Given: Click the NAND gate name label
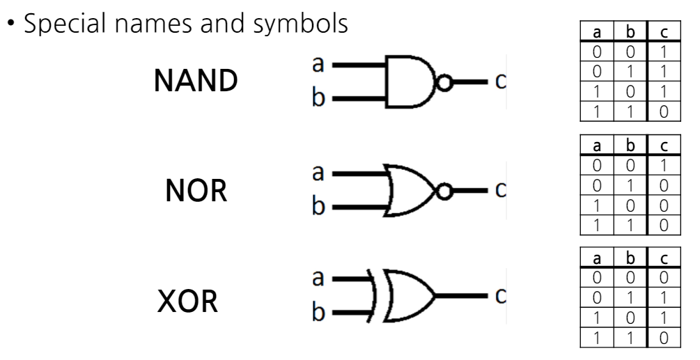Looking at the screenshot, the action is (x=195, y=82).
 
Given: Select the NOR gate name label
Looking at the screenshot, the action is (x=196, y=191).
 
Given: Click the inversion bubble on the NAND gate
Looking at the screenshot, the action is (x=444, y=84).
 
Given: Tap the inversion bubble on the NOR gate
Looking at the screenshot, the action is (x=444, y=189).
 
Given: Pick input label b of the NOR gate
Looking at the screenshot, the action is (x=318, y=208).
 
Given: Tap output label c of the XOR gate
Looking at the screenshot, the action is (x=498, y=295).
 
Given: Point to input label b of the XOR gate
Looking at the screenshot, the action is (x=318, y=314).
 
